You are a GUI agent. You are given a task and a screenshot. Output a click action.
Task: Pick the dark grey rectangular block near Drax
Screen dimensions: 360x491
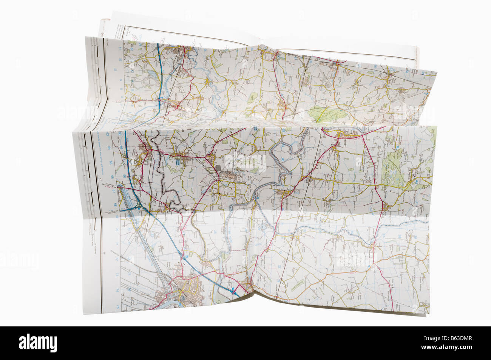pos(219,167)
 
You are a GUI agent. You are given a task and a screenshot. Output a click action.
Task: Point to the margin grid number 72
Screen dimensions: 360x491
pos(117,260)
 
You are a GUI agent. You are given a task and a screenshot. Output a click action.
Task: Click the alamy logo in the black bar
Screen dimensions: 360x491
pos(38,343)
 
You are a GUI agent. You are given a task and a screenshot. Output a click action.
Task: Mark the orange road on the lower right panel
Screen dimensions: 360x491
pos(385,260)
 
